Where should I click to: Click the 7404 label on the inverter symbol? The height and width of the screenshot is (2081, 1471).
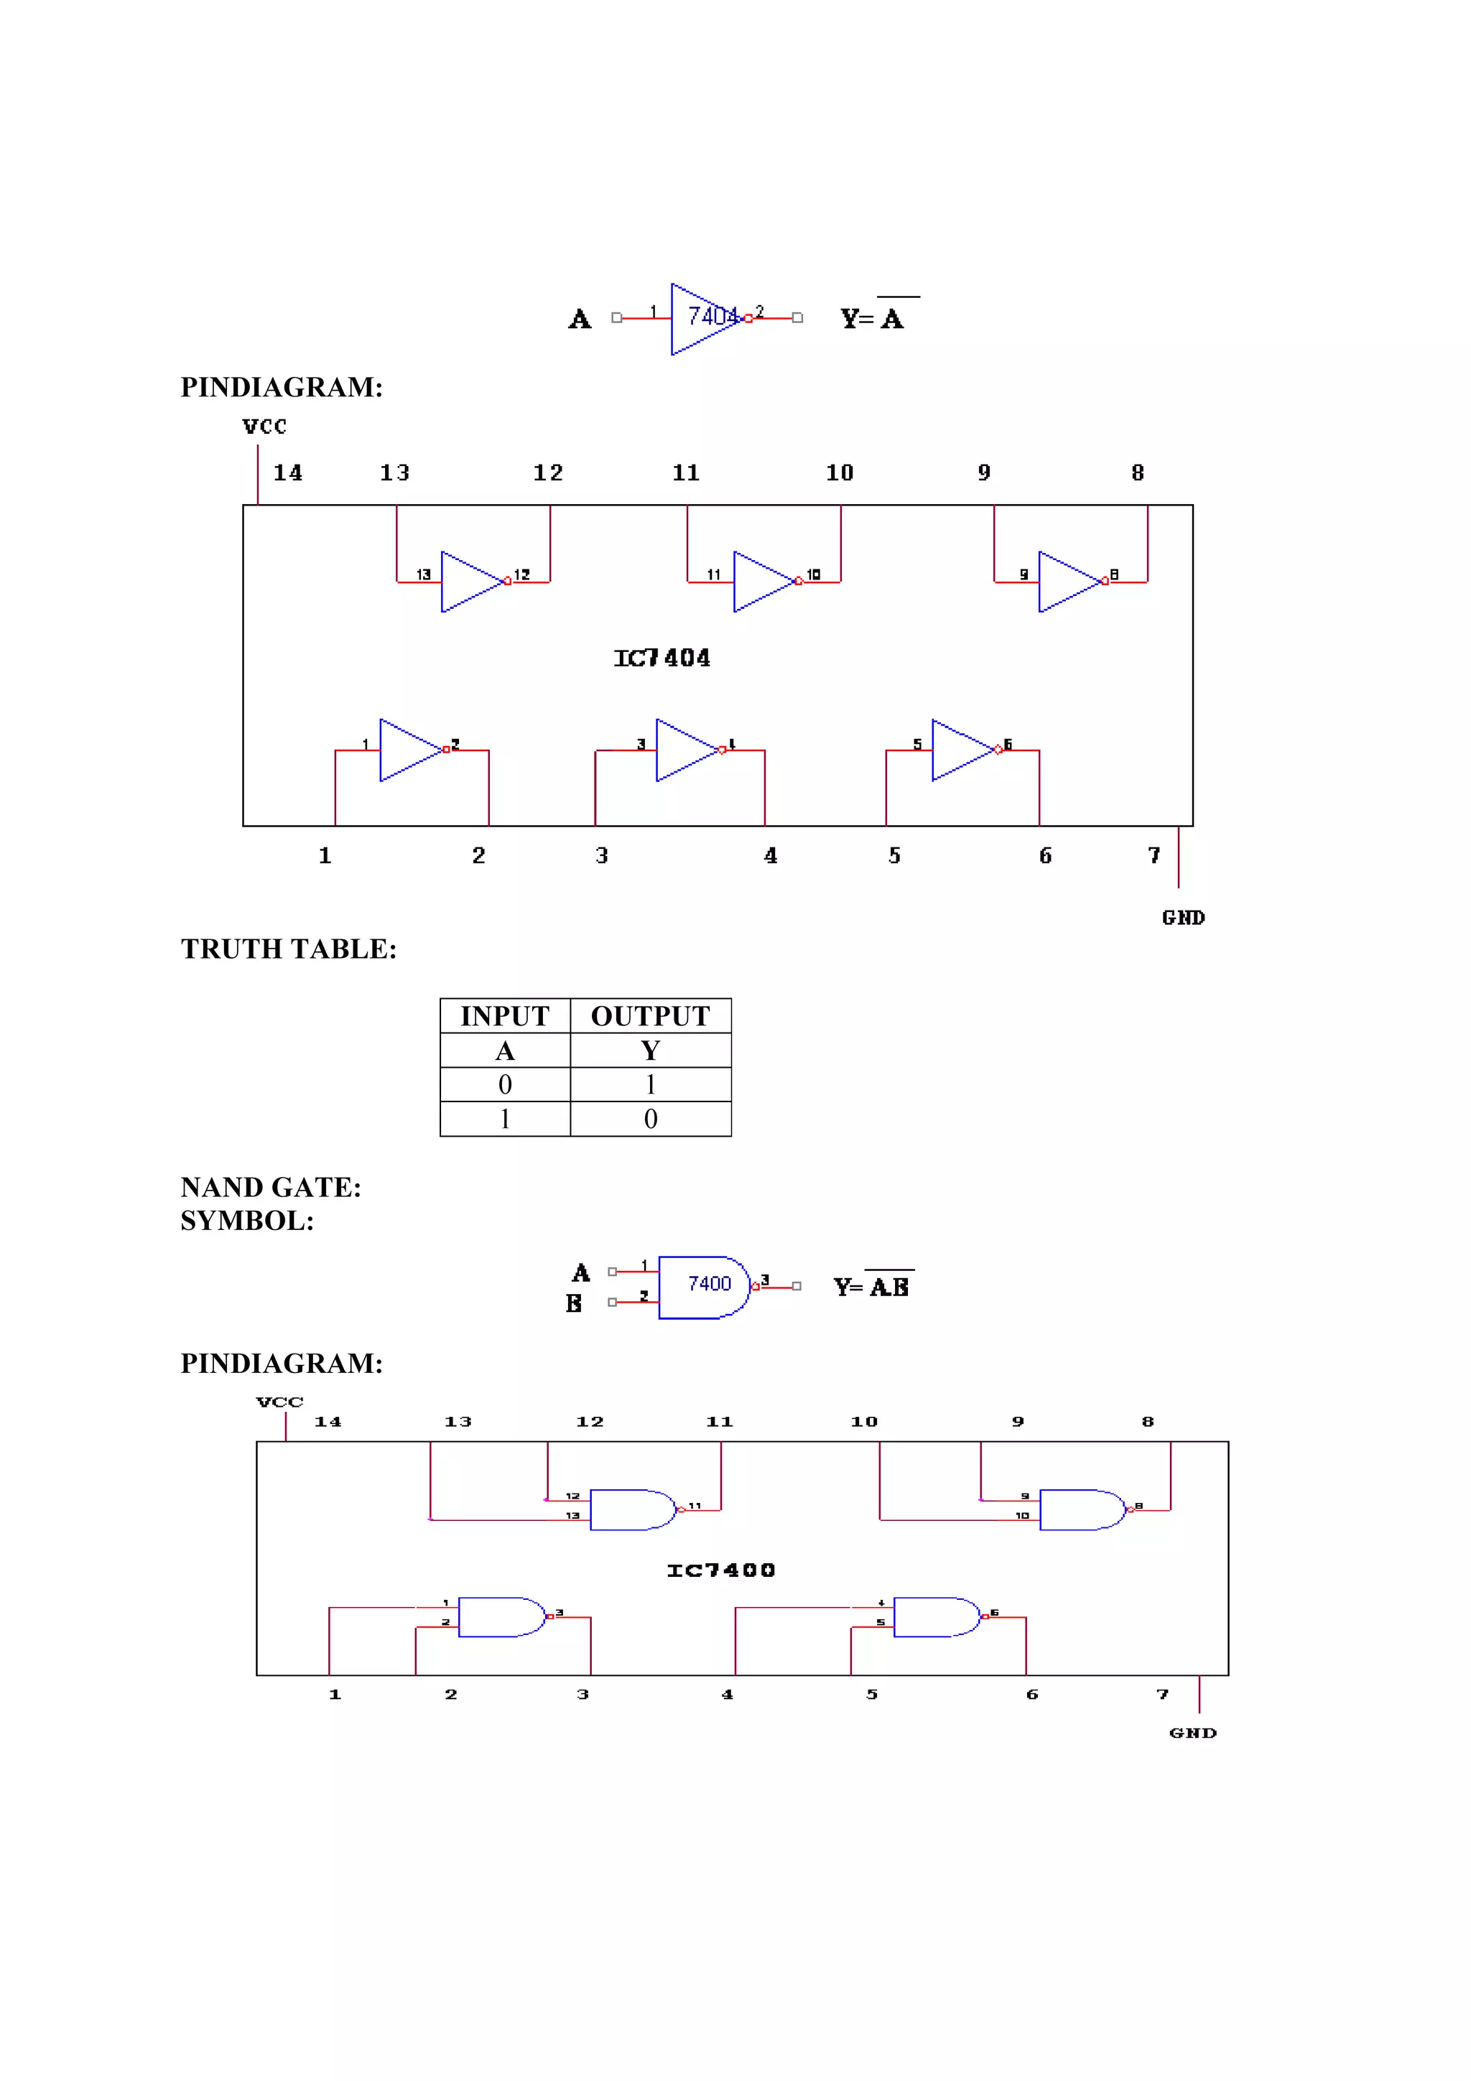713,317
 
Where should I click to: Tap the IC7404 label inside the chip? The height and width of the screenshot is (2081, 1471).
662,658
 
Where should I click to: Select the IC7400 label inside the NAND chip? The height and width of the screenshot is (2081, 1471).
720,1570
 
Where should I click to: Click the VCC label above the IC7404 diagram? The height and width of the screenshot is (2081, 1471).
264,427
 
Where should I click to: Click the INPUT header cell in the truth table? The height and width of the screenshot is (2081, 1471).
505,1016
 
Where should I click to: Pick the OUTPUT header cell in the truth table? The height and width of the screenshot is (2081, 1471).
650,1016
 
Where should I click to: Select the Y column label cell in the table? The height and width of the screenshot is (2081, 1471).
650,1051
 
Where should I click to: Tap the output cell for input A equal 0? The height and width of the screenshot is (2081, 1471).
650,1085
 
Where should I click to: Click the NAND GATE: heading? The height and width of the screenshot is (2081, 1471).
270,1187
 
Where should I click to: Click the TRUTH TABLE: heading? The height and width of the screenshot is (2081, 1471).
288,949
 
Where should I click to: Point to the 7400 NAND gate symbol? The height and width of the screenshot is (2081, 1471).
704,1287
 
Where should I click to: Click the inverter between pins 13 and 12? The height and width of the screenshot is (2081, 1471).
471,582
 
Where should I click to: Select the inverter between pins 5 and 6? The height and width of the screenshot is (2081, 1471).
962,750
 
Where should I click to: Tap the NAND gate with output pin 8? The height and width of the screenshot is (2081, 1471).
1080,1509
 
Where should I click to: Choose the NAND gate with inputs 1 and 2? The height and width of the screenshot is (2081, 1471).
501,1617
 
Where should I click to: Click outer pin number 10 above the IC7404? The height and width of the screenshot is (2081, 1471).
839,473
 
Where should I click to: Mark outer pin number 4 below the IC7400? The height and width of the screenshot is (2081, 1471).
727,1694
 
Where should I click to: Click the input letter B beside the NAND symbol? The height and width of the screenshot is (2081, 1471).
574,1303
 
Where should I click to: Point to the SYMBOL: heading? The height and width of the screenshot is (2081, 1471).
246,1221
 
